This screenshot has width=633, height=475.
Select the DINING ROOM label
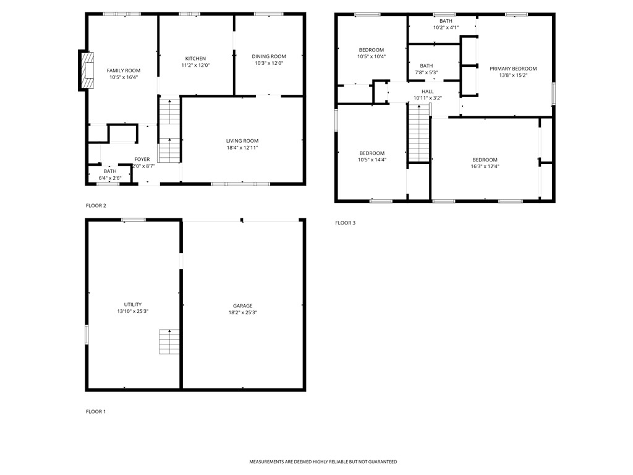269,56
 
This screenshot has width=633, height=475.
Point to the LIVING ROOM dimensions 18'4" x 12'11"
242,148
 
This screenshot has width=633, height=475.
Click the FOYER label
142,159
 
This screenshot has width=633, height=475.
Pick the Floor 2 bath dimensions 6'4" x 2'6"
110,178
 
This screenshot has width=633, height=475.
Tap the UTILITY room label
133,304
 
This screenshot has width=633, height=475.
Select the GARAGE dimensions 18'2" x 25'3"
242,312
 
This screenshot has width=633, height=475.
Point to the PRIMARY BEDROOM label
513,69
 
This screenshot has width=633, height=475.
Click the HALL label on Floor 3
428,92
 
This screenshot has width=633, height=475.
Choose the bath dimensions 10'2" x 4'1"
446,27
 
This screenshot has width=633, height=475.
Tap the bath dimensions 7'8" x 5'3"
427,72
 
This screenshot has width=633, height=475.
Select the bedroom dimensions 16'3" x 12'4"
485,166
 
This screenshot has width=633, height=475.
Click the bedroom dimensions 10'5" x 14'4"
372,160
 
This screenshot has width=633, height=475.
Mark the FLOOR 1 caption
96,411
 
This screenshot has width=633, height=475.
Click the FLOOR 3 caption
345,223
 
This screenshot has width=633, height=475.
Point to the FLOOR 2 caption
96,205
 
